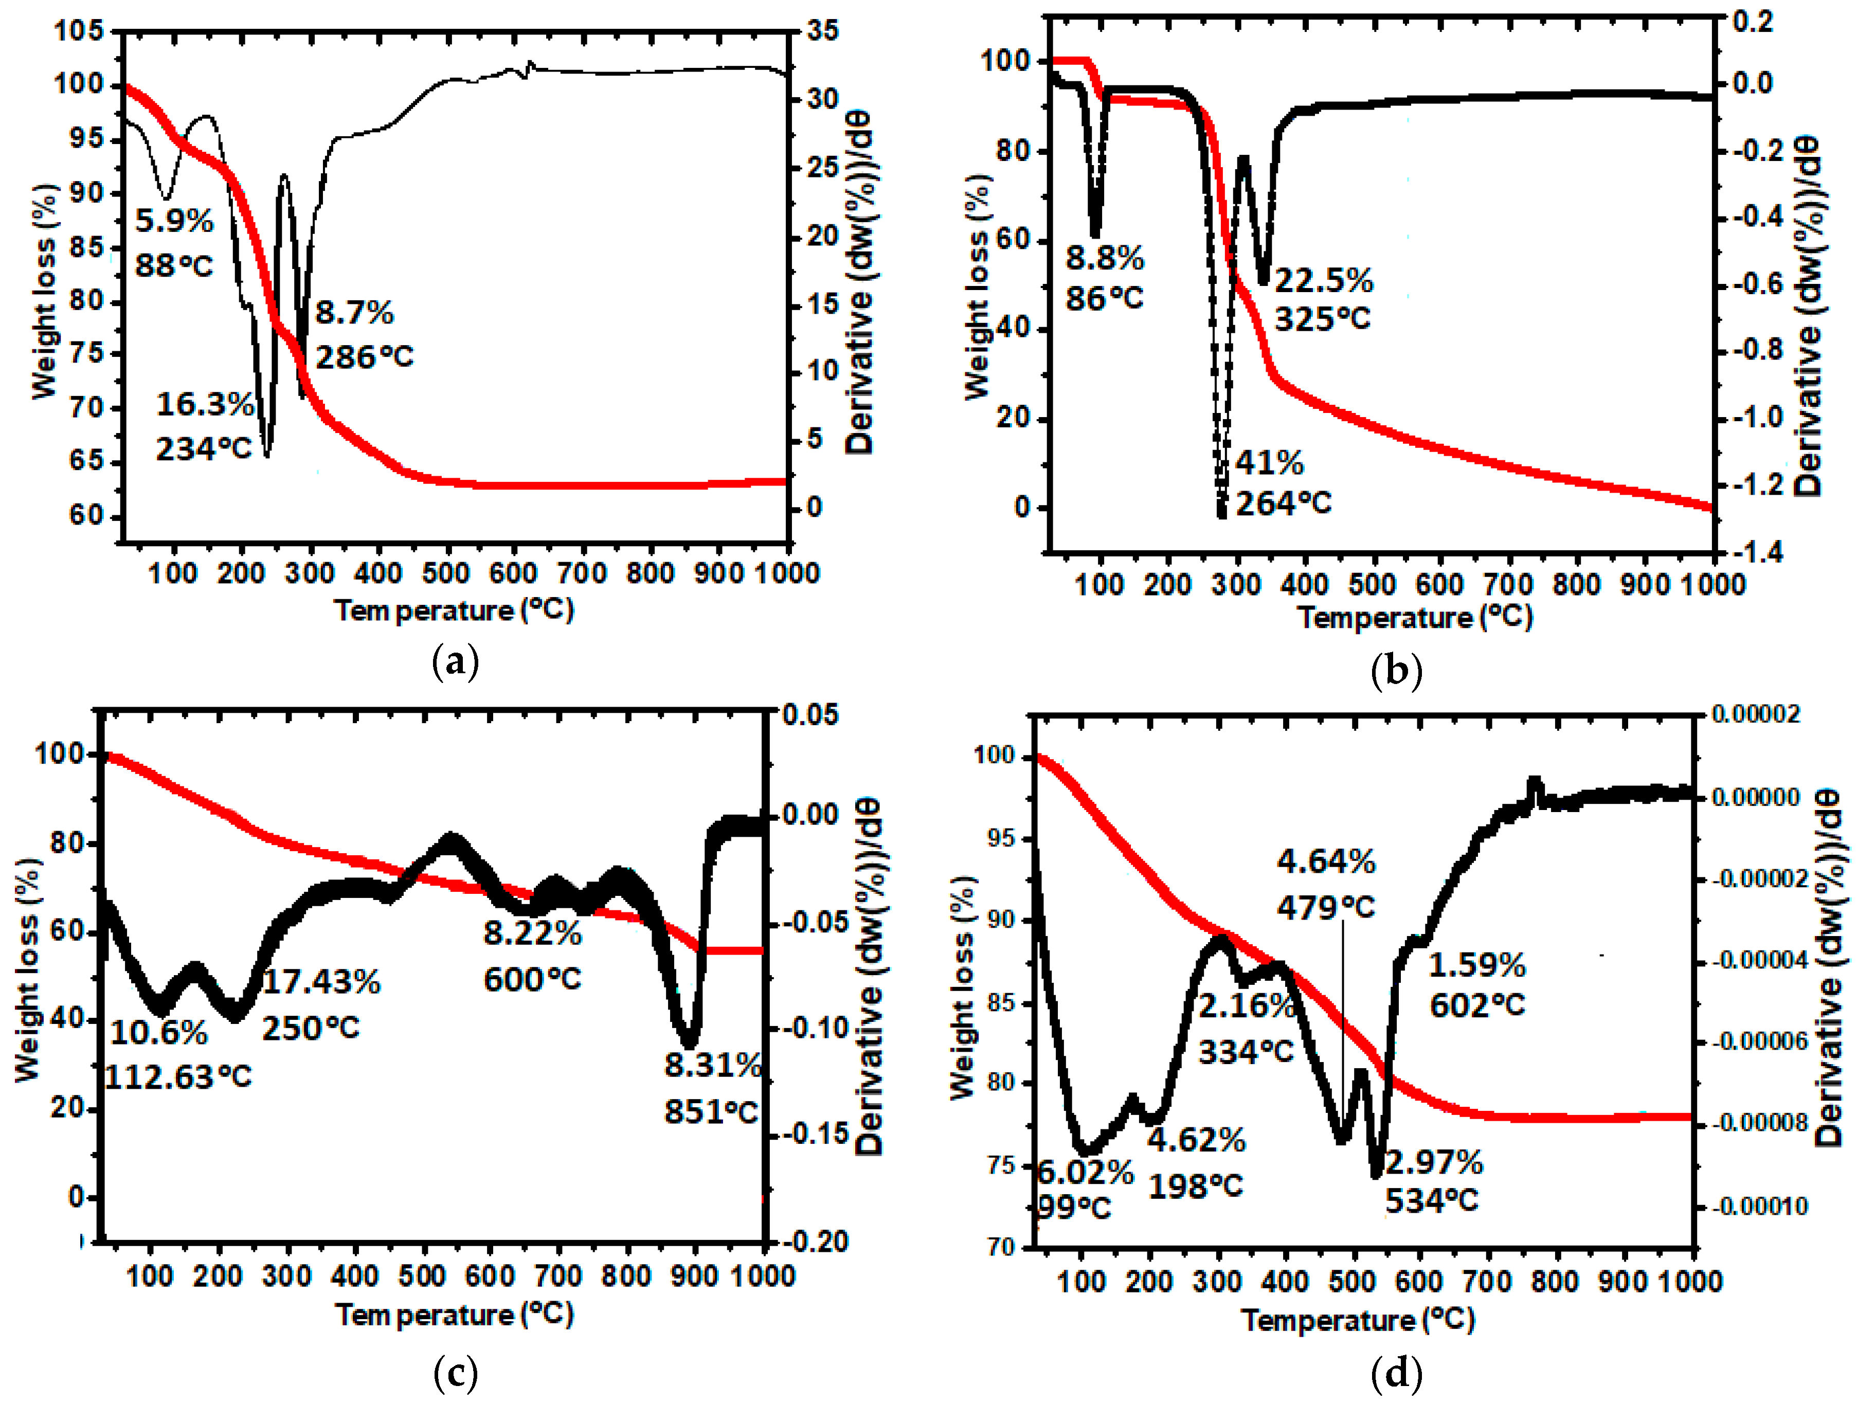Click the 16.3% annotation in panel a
pos(205,405)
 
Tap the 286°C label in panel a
pos(364,357)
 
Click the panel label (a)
pos(455,662)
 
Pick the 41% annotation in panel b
pos(1269,463)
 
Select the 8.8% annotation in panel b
pos(1104,259)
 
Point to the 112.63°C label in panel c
pos(178,1076)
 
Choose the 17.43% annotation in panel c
pos(321,981)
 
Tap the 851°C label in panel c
pos(711,1112)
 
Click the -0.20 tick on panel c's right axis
pos(816,1242)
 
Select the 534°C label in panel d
pos(1431,1201)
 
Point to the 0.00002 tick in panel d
pos(1755,714)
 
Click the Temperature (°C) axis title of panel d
pos(1358,1320)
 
